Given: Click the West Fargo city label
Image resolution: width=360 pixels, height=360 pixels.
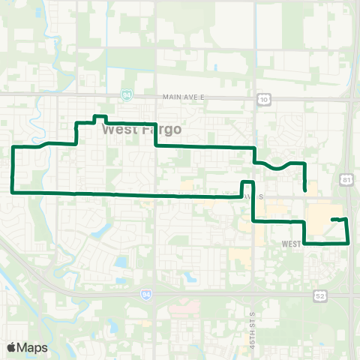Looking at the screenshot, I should (x=141, y=129).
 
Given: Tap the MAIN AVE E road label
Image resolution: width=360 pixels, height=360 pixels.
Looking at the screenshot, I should (x=184, y=97).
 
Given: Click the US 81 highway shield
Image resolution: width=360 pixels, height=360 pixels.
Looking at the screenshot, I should (x=344, y=180).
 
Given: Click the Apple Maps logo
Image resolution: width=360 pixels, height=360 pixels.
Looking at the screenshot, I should (x=27, y=347).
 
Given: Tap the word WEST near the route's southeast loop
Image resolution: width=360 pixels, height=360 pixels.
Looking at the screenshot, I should (x=292, y=244).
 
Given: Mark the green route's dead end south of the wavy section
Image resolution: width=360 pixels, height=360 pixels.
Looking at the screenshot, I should (x=304, y=190).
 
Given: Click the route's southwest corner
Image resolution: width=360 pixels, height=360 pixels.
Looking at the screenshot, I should (x=13, y=192).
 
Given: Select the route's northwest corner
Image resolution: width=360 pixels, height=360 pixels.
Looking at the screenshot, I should (x=14, y=147).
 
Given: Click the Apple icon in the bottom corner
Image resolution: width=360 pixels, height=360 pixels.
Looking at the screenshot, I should (x=11, y=347).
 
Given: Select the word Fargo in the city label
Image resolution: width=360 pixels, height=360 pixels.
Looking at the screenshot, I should (x=161, y=129).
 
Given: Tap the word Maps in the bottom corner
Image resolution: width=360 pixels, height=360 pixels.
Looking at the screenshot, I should (x=32, y=347).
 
